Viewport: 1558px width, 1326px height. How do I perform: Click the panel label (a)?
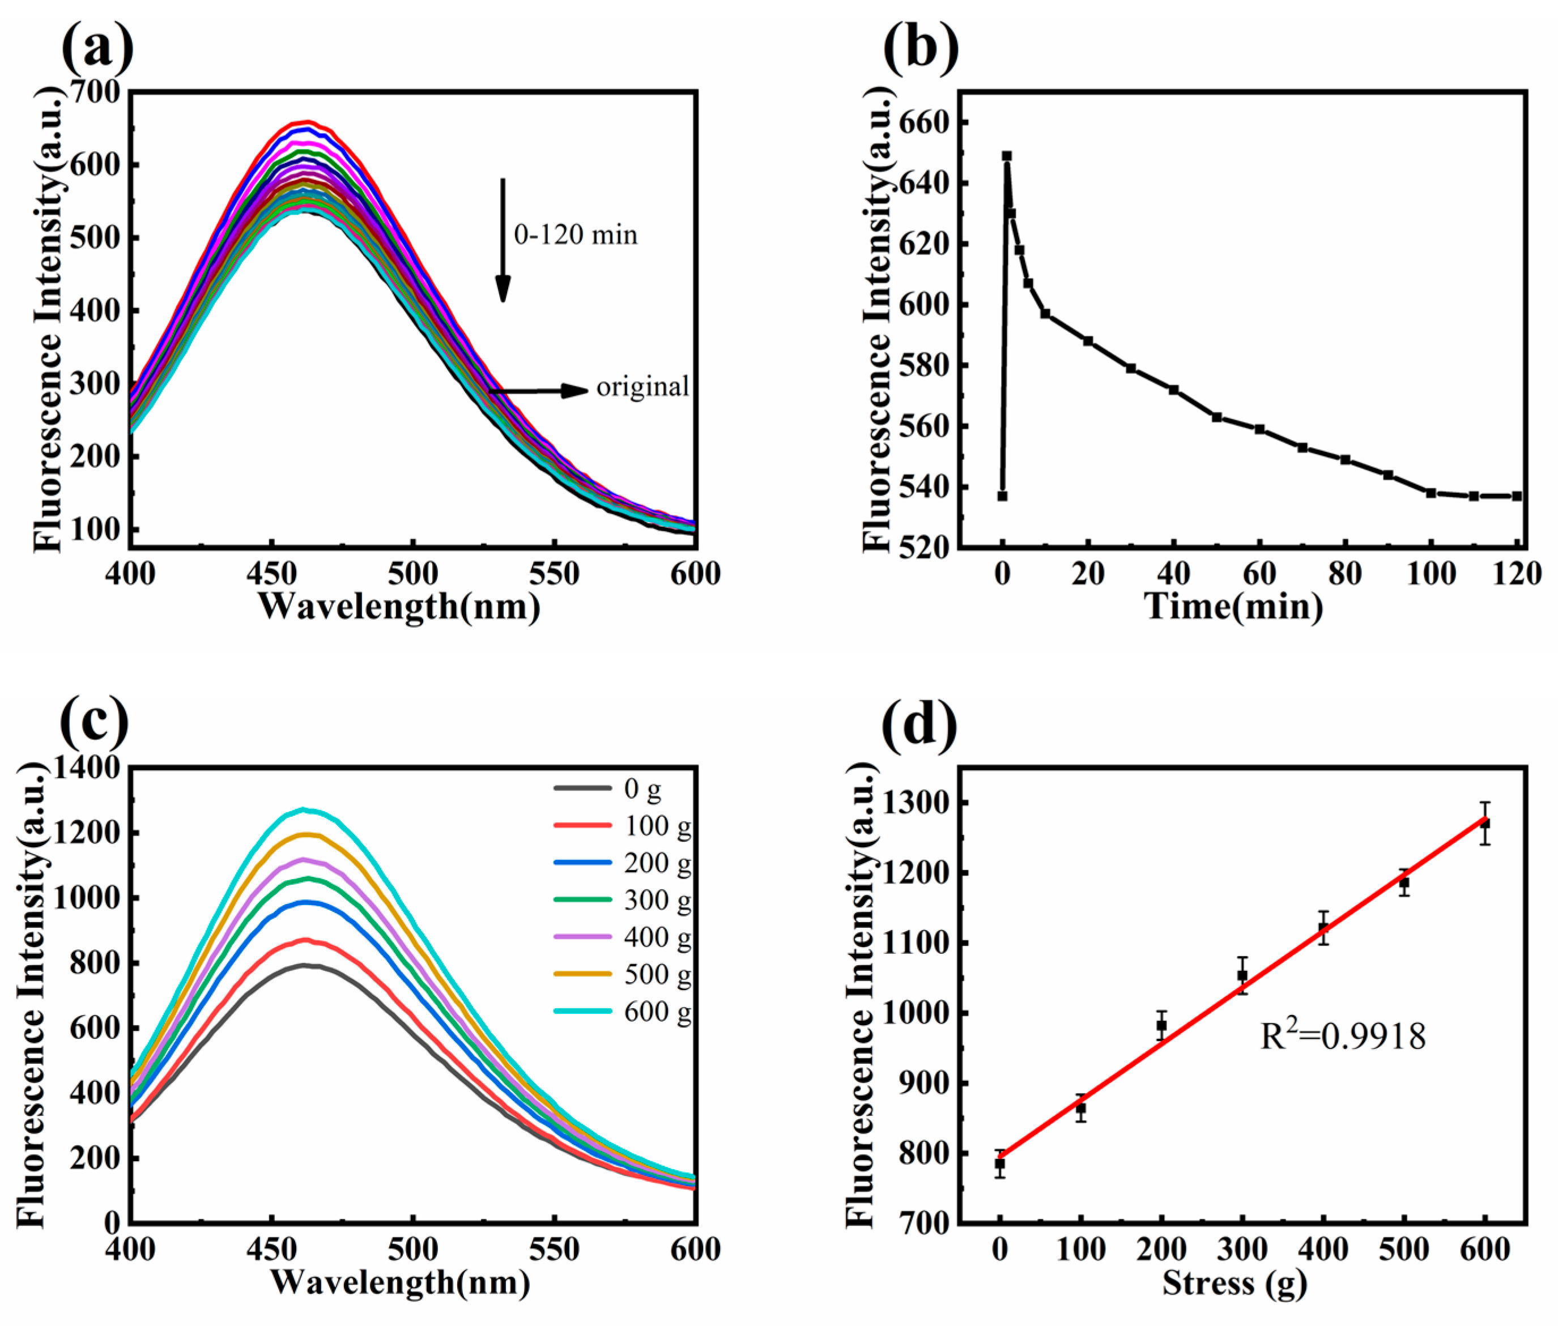[98, 46]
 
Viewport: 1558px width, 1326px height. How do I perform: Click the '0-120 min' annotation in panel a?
[575, 235]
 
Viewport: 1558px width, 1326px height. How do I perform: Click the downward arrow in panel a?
[503, 241]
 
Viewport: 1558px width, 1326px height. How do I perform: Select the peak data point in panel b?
[1006, 156]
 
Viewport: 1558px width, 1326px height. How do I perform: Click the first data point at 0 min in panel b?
[1002, 496]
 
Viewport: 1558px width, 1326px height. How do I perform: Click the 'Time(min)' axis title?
[1233, 606]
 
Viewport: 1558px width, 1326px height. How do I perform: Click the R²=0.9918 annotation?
[1342, 1037]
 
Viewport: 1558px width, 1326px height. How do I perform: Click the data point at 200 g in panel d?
[1161, 1025]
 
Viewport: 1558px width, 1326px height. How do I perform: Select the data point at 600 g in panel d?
[1484, 824]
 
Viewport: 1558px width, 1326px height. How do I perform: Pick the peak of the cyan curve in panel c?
[304, 809]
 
